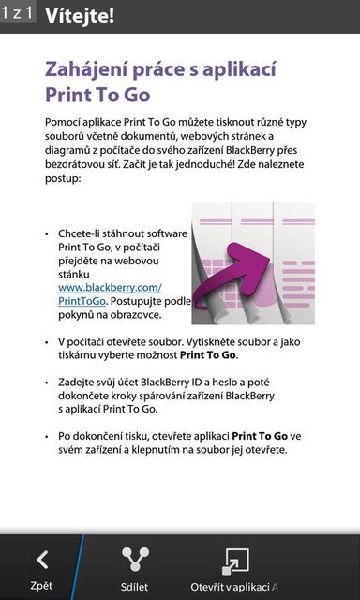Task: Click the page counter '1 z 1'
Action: tap(18, 13)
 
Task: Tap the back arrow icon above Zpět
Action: tap(41, 560)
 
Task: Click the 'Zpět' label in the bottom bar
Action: tap(41, 586)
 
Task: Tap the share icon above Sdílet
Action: tap(135, 560)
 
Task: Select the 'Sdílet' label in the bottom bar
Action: tap(135, 586)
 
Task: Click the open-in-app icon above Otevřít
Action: tap(234, 560)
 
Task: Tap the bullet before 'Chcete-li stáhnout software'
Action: tap(47, 233)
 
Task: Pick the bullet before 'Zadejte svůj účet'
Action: tap(47, 382)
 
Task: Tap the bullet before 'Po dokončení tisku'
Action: tap(47, 436)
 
